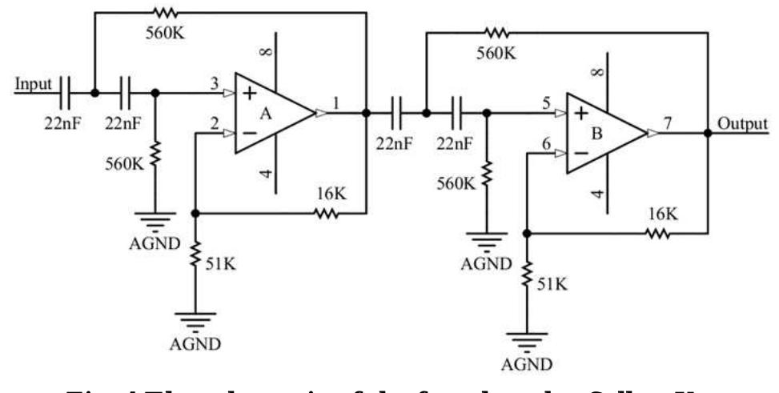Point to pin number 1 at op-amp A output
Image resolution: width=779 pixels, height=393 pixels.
337,102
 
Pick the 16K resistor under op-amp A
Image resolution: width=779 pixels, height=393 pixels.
326,214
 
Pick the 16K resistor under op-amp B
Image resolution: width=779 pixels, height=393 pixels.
657,233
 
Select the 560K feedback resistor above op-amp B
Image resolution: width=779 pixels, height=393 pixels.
497,32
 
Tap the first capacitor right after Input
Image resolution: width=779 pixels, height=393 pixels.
66,93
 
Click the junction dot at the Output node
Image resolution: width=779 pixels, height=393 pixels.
707,133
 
